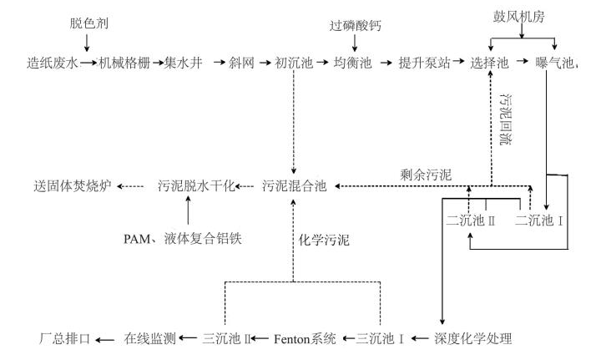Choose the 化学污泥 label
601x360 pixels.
tap(323, 240)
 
